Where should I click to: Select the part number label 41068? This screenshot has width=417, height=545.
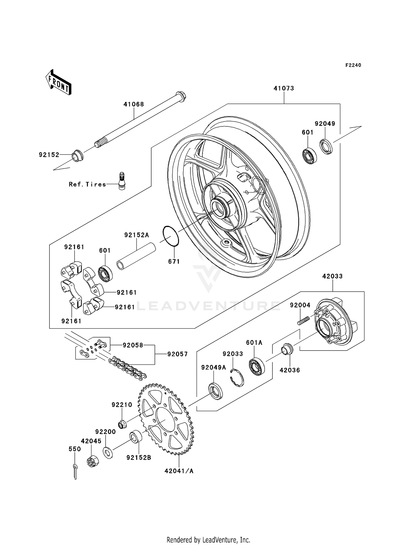134,104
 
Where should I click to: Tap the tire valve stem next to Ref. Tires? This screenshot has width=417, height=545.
122,181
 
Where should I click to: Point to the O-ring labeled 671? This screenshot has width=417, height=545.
171,236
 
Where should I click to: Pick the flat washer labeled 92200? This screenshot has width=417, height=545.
108,452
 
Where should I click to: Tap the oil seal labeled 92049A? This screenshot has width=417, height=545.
216,391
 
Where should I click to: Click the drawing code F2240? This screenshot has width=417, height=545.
353,65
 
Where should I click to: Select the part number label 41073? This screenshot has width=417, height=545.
284,88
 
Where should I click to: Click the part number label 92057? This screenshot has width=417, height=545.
177,354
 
